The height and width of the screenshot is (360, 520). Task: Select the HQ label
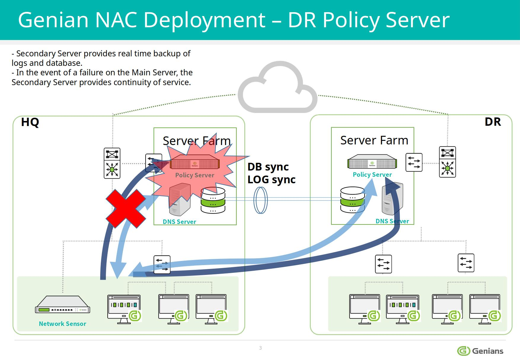(30, 122)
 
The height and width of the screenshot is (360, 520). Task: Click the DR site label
(492, 122)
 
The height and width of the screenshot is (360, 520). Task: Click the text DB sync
(268, 167)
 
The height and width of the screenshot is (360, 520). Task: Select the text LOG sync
(271, 180)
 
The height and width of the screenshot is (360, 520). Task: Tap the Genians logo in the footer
(480, 351)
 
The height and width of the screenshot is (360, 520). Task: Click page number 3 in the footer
(260, 348)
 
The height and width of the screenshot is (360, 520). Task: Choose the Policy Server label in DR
(372, 175)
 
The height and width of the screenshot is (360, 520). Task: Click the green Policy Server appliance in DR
(372, 162)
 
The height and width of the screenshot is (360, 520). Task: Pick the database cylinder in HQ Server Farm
(213, 200)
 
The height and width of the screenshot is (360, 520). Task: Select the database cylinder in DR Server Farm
(352, 200)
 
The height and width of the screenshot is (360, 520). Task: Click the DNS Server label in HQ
(179, 222)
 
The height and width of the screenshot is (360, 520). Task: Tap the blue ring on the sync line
(261, 200)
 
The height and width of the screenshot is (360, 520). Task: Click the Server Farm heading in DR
(374, 140)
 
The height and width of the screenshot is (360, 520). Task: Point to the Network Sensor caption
(63, 324)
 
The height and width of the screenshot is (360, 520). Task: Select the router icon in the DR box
(447, 162)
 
